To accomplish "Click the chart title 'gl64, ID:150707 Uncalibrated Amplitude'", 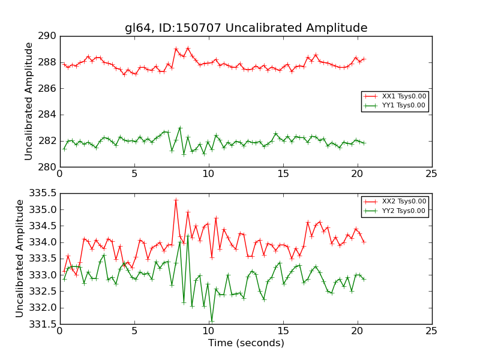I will point(246,28).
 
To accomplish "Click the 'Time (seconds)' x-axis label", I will point(246,343).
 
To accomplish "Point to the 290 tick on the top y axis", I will point(48,36).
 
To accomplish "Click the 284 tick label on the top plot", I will point(48,115).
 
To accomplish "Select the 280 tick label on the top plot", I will point(48,167).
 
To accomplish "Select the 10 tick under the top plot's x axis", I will point(208,175).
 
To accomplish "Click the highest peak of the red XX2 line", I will point(176,200).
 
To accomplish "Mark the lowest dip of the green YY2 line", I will point(212,320).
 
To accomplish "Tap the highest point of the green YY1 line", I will point(180,128).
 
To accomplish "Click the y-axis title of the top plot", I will point(29,101).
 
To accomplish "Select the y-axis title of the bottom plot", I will point(20,259).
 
